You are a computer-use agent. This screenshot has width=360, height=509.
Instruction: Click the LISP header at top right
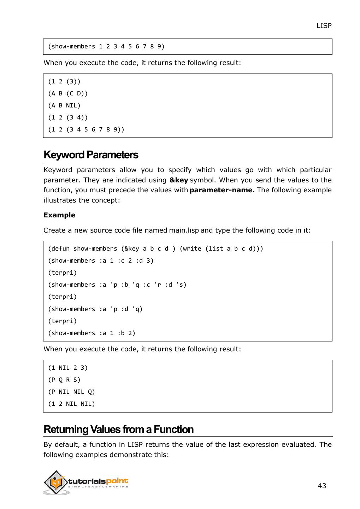point(324,25)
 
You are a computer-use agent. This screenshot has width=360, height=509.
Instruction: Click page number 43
point(322,486)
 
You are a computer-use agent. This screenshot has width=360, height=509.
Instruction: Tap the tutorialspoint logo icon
point(55,482)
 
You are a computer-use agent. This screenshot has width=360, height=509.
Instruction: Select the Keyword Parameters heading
point(91,155)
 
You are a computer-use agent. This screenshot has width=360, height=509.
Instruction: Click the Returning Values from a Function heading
point(118,429)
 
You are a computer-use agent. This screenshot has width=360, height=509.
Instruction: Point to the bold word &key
point(178,180)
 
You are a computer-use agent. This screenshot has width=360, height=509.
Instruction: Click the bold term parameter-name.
point(222,190)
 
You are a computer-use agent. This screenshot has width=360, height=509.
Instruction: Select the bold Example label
point(59,215)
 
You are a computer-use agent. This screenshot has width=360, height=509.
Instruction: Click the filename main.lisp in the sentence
point(184,230)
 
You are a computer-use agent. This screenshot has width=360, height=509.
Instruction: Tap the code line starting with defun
point(155,248)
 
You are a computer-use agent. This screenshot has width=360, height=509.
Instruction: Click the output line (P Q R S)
point(64,380)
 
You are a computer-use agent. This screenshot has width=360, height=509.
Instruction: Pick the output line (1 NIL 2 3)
point(68,368)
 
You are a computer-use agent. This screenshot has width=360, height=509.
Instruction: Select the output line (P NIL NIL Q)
point(71,392)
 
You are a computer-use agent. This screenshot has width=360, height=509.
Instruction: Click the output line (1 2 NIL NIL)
point(71,404)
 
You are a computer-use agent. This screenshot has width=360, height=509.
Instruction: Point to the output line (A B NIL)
point(64,105)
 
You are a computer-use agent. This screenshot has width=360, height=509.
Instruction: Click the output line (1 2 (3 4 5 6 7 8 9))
point(86,129)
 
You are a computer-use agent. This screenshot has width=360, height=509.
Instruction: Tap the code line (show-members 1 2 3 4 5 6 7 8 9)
point(106,47)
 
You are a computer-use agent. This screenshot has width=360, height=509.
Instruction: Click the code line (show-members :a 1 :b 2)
point(92,333)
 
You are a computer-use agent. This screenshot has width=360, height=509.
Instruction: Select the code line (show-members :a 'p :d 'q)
point(95,309)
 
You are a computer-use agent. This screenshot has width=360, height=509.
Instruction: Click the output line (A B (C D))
point(68,93)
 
